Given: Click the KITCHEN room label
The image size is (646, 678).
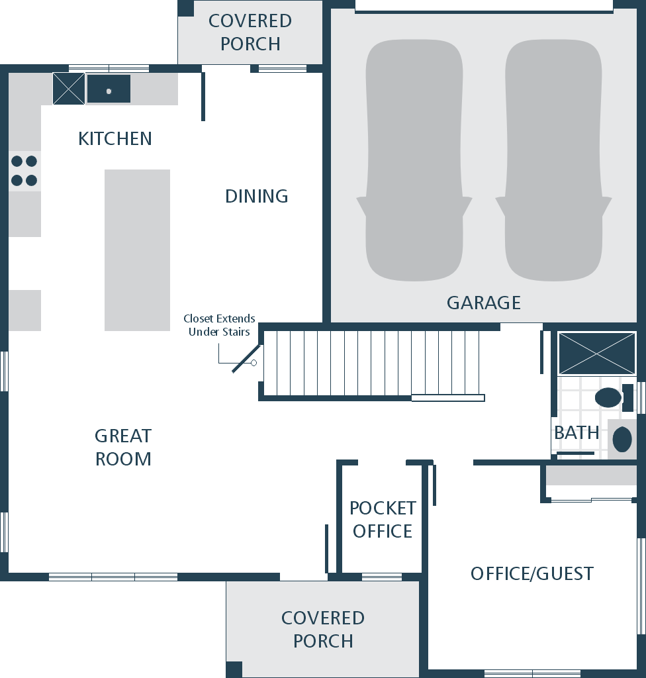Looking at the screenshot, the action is coord(115,139).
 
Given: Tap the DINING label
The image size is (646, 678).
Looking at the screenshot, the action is coord(256,196).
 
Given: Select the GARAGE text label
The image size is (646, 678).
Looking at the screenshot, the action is coord(483,303).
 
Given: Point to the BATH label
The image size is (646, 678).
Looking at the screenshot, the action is coord(577,432).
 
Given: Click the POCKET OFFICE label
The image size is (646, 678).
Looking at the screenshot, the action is coord(383,519).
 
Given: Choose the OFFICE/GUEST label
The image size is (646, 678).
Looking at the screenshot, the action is coord(532,574).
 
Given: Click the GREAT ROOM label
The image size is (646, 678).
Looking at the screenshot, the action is coord(123,447).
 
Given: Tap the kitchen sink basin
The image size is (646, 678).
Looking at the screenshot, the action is coord(109,89).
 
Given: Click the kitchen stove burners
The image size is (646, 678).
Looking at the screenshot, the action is coord(24,170).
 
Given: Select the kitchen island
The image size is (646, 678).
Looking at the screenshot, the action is coord(137,250).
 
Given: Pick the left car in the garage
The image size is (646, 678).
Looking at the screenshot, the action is coord(414,160).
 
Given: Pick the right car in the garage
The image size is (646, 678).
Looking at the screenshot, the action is coord(553,160).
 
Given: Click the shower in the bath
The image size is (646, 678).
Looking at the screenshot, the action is coord(597,354).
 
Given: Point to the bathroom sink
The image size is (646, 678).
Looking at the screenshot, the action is coord(622,440).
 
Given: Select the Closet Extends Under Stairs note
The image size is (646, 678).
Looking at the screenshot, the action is coord(219,325).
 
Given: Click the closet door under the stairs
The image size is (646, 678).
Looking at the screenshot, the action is coord(246,358).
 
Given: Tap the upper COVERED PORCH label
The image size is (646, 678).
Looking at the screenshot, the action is coord(250,32).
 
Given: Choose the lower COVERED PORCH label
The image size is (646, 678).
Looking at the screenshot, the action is coord(323,630).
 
